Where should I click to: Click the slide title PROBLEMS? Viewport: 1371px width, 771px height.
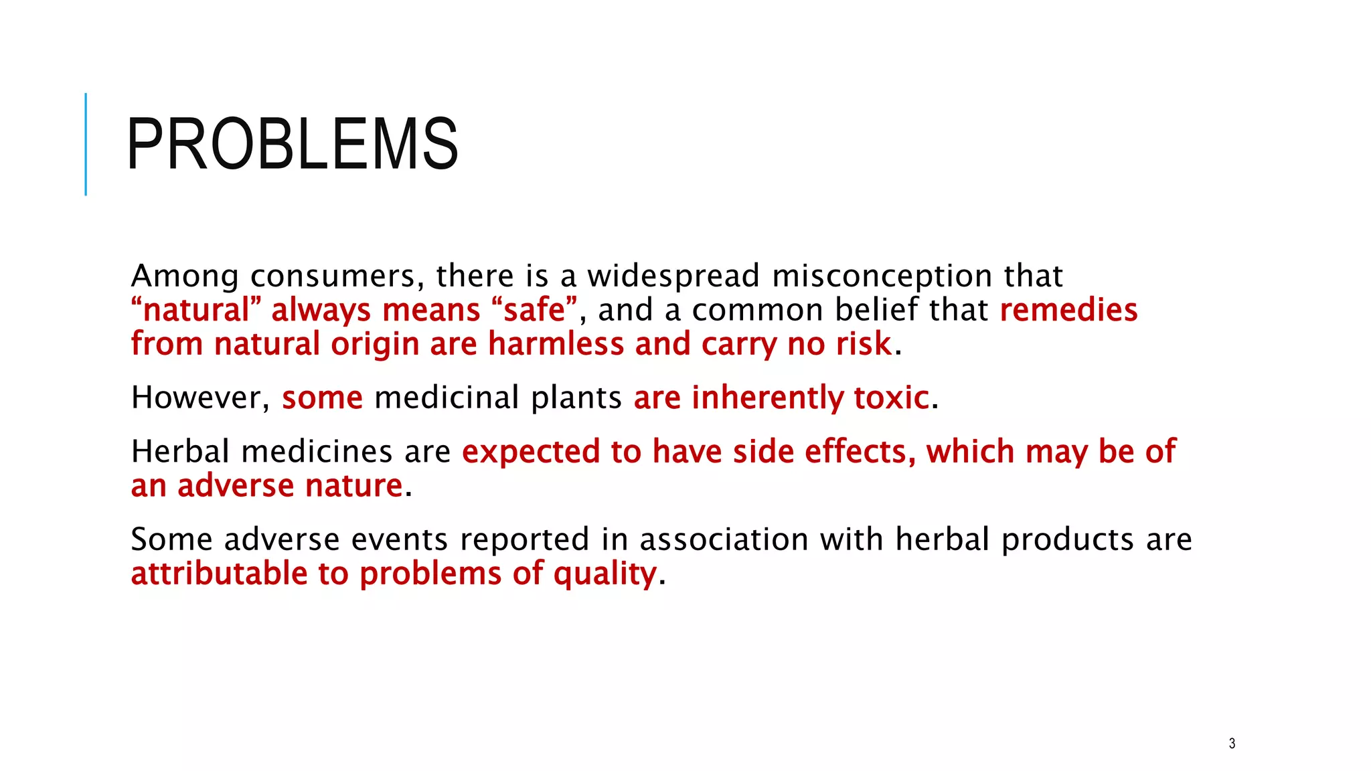click(x=292, y=144)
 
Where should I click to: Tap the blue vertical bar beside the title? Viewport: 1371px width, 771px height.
click(x=86, y=144)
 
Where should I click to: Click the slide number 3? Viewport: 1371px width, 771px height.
click(x=1232, y=744)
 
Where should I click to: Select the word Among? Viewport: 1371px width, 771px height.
click(x=185, y=276)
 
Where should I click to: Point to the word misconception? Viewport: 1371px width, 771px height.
click(x=882, y=276)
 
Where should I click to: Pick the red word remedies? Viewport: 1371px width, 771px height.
click(x=1068, y=310)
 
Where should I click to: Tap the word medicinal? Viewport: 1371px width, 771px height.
click(x=447, y=398)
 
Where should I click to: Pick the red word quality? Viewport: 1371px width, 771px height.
click(x=604, y=574)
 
